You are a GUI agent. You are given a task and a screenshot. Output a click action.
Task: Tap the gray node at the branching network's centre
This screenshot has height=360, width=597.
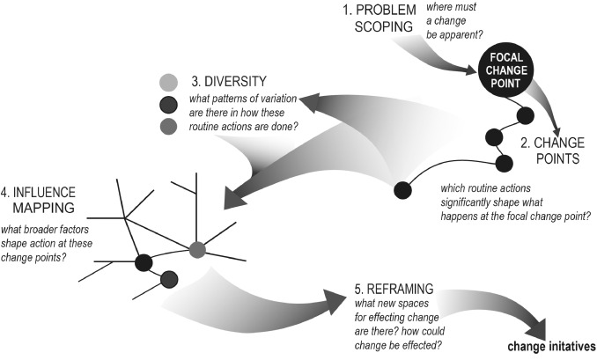pos(198,250)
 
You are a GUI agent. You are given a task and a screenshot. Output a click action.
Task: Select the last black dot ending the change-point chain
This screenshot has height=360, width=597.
pos(402,187)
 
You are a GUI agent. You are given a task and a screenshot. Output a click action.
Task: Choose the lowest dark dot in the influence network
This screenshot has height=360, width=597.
pos(170,279)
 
